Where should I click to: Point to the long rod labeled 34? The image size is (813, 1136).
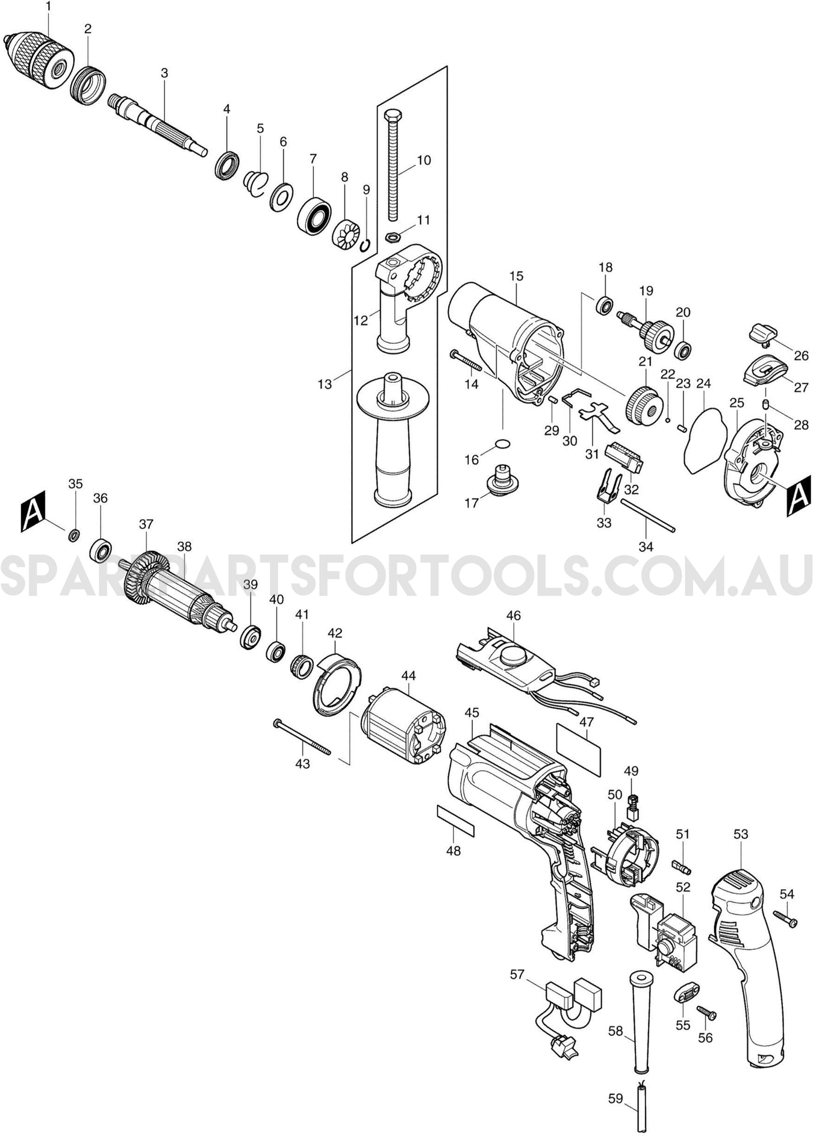(647, 515)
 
